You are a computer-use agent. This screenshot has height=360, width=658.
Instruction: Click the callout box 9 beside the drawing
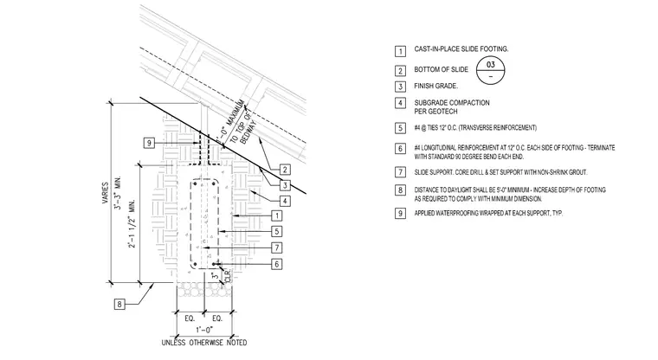149,143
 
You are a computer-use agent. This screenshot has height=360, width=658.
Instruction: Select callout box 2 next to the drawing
285,170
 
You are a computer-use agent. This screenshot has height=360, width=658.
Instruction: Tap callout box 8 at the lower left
119,304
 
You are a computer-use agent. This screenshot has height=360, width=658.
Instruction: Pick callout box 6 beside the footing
276,264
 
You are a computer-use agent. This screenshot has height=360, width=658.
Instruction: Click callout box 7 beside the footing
276,247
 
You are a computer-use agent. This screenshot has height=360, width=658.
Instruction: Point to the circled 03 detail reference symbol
491,70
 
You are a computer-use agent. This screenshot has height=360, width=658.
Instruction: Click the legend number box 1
400,51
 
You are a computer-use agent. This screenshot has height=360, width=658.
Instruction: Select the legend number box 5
400,128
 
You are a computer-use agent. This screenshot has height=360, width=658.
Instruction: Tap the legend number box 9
400,213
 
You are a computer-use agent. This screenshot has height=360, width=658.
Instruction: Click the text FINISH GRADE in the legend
435,86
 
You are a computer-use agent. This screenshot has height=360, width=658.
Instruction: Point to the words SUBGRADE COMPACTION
452,103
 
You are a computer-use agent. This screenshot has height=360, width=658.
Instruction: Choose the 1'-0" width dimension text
204,330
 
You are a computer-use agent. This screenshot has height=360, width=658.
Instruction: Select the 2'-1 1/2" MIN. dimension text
132,223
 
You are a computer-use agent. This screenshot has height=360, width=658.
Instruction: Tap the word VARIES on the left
105,193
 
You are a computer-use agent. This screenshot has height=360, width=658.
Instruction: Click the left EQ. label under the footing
190,318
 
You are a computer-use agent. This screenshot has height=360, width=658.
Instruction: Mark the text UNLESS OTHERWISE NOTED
204,343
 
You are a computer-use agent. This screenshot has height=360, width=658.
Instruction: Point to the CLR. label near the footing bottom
228,275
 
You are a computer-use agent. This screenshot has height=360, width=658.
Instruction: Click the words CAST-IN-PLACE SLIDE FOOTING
461,49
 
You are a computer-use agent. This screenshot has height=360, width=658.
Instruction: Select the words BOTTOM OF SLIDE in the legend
441,69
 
